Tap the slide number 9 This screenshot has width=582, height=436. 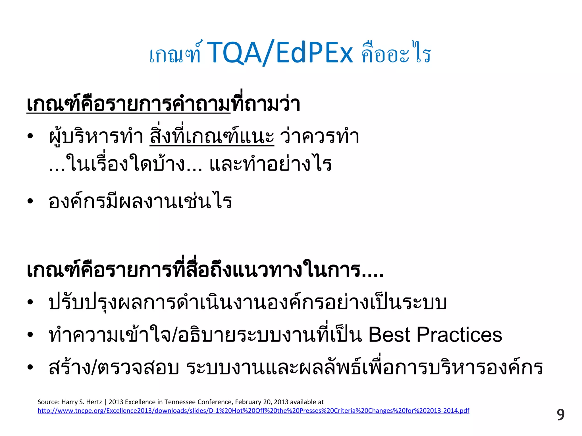coord(560,415)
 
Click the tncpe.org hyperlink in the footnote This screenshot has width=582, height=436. coord(253,411)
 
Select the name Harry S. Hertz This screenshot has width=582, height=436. coord(82,402)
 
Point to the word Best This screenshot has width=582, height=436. coord(389,335)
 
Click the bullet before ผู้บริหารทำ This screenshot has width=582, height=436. coord(30,137)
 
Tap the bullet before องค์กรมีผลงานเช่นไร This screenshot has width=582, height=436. coord(30,201)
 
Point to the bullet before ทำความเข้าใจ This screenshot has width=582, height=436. coord(30,335)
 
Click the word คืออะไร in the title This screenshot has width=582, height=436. coord(396,54)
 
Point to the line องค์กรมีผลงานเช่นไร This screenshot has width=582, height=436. coord(140,201)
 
